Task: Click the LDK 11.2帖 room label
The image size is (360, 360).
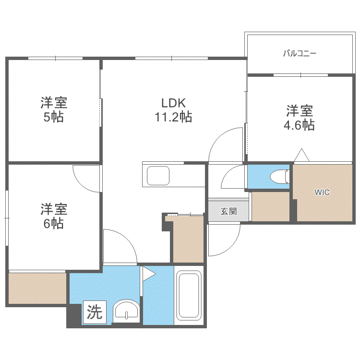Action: point(173,110)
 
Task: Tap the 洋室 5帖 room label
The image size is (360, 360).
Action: point(54,109)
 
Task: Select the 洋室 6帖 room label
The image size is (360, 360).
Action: point(54,216)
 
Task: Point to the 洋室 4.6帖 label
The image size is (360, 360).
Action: point(299,118)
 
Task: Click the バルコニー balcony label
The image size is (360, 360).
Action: point(300,53)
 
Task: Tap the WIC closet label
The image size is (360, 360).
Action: point(322,192)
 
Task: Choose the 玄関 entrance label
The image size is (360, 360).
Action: point(228,211)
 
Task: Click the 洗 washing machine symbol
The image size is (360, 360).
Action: point(95,312)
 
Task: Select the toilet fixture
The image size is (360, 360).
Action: point(279,177)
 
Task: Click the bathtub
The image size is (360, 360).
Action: point(189,296)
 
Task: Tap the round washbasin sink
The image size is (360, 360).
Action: point(127,311)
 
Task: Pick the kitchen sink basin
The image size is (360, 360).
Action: point(158,176)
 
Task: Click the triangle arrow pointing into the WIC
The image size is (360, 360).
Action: point(302,155)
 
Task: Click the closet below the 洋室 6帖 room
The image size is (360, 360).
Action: point(37,288)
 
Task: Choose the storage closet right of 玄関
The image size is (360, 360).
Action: point(271,206)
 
